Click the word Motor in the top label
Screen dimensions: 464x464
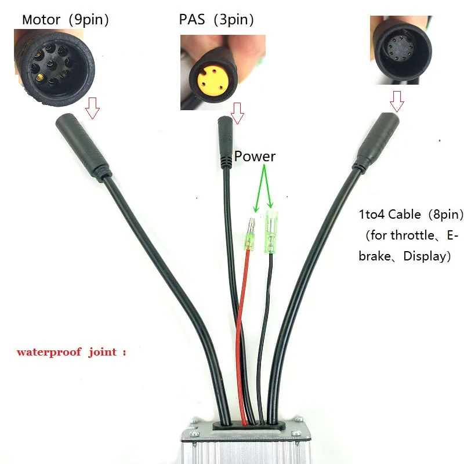coord(41,20)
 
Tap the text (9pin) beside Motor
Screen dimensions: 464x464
coord(89,20)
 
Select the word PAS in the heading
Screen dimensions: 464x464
coord(192,20)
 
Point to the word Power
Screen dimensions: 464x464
coord(255,157)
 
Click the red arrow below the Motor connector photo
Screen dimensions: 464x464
coord(93,108)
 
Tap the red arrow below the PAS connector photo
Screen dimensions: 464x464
coord(237,113)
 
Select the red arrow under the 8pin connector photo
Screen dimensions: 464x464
coord(397,101)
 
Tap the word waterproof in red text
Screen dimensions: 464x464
coord(49,352)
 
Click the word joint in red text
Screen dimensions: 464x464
coord(103,352)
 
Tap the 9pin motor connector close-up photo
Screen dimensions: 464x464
coord(55,67)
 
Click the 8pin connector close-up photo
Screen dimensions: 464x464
coord(401,50)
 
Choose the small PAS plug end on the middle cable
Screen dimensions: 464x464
coord(226,143)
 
